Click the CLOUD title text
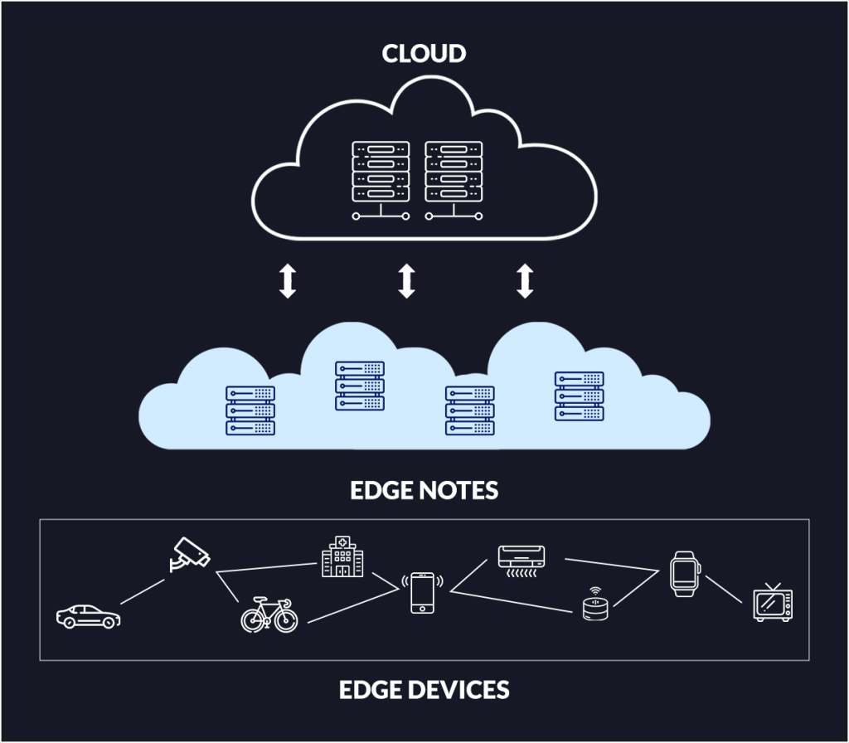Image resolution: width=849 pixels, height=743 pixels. pos(424,54)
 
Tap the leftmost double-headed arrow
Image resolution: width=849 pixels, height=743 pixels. pos(287,281)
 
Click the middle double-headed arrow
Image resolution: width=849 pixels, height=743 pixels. pos(405,281)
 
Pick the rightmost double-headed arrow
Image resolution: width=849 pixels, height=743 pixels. pos(524,281)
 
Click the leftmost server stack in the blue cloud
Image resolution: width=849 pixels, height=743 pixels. pos(250,410)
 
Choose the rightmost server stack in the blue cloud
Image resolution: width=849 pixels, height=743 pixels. pos(579,396)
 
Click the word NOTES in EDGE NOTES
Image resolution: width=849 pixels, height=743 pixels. pos(458,490)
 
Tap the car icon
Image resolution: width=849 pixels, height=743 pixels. pos(88,615)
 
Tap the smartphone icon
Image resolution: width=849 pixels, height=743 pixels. pos(422,593)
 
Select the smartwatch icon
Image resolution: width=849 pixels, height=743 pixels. pos(685,572)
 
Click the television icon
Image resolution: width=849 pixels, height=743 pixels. pos(772,603)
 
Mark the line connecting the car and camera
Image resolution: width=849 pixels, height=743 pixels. pos(142,591)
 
